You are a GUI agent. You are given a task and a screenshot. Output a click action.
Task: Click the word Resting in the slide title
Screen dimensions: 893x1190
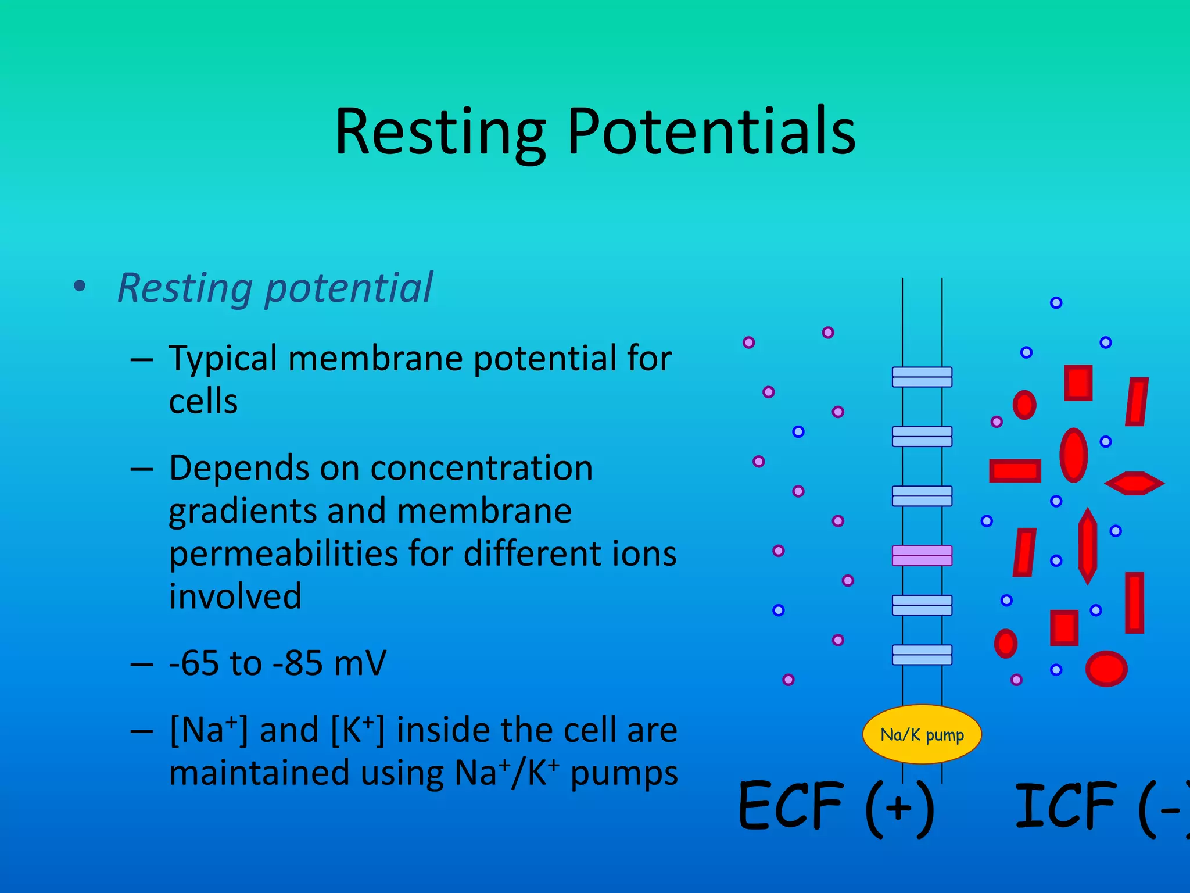coord(440,133)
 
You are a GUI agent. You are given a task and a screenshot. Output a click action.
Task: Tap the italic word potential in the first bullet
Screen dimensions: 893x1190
coord(349,288)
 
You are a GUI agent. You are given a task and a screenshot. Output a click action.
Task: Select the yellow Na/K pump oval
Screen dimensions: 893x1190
coord(922,734)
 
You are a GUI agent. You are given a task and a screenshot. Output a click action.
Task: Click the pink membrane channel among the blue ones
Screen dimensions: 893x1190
coord(922,555)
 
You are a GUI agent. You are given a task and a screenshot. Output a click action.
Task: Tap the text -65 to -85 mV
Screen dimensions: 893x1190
coord(277,663)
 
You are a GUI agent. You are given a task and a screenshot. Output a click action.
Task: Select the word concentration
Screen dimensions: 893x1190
coord(481,468)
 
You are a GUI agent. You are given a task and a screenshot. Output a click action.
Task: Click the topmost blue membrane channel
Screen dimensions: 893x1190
coord(922,377)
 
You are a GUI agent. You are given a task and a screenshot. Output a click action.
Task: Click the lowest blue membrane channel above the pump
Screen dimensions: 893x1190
coord(922,655)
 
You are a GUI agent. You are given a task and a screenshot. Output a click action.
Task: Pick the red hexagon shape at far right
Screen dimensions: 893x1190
coord(1134,483)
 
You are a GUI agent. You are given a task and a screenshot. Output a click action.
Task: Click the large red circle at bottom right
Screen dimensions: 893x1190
coord(1106,669)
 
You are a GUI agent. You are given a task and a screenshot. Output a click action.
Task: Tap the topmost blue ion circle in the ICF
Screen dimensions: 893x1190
coord(1056,302)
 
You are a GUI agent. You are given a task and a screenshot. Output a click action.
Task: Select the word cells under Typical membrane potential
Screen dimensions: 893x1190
coord(203,402)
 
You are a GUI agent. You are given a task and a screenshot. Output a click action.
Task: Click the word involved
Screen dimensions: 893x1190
coord(235,596)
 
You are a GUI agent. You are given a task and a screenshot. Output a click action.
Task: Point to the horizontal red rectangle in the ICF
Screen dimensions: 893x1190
coord(1015,471)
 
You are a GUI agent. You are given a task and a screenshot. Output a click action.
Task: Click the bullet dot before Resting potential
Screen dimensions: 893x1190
coord(80,287)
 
